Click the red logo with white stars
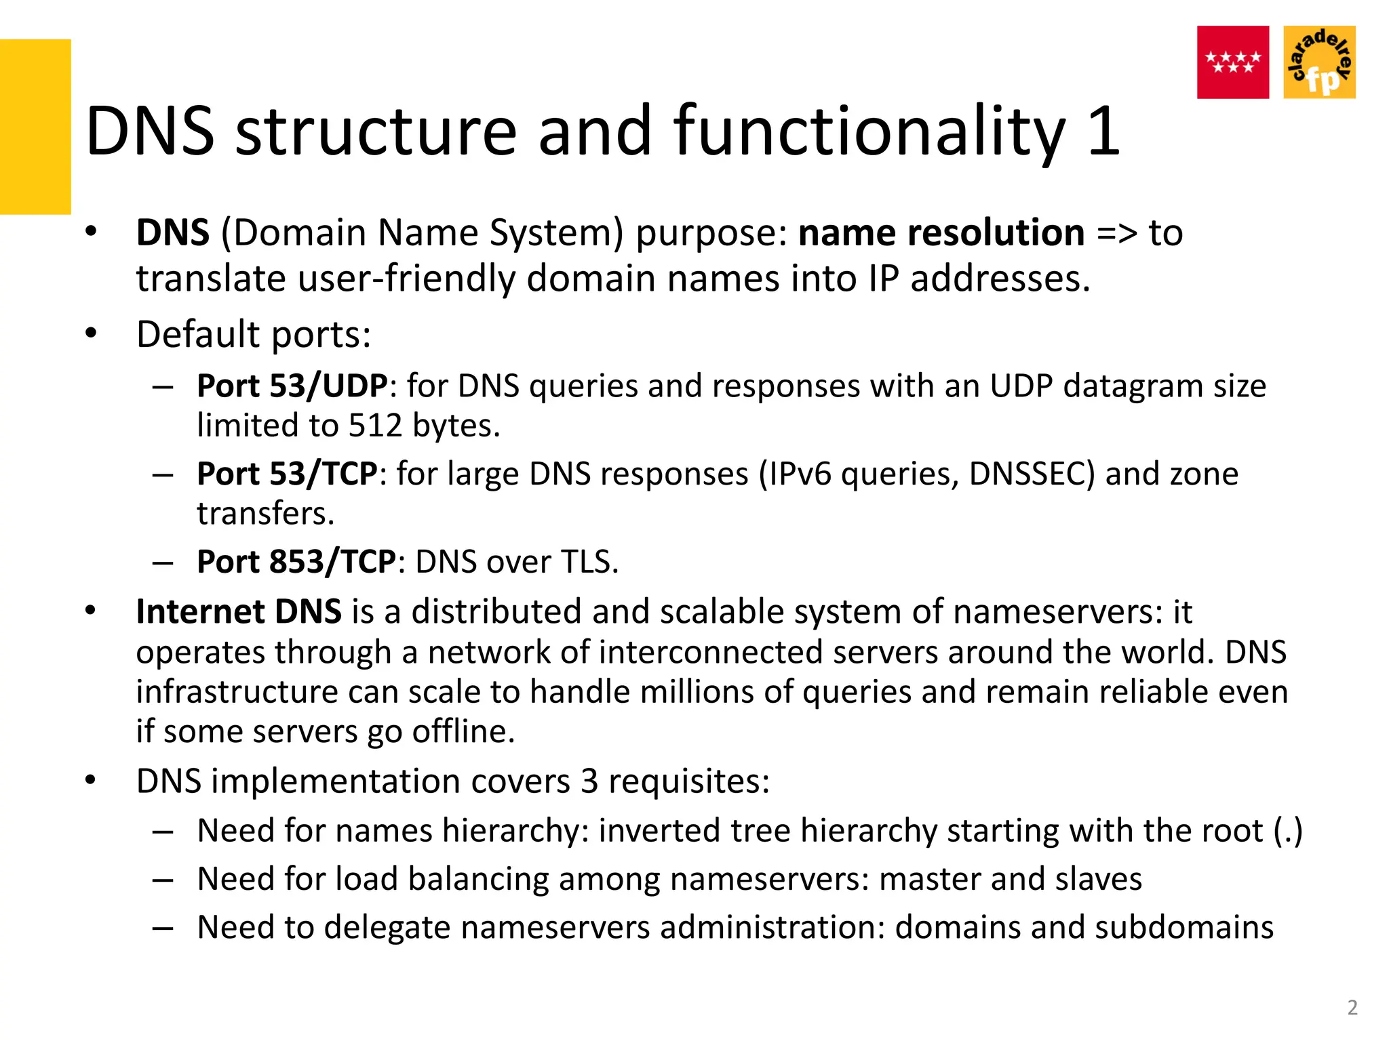coord(1232,62)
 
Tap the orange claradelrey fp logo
coord(1319,62)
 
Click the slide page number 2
coord(1352,1008)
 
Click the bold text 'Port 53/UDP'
coord(292,386)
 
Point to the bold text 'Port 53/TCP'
coord(287,474)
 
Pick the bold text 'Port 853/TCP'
coord(296,562)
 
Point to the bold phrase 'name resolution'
coord(941,233)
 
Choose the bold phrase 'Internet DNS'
coord(239,612)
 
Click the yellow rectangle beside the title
coord(35,127)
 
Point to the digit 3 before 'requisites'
coord(589,781)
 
